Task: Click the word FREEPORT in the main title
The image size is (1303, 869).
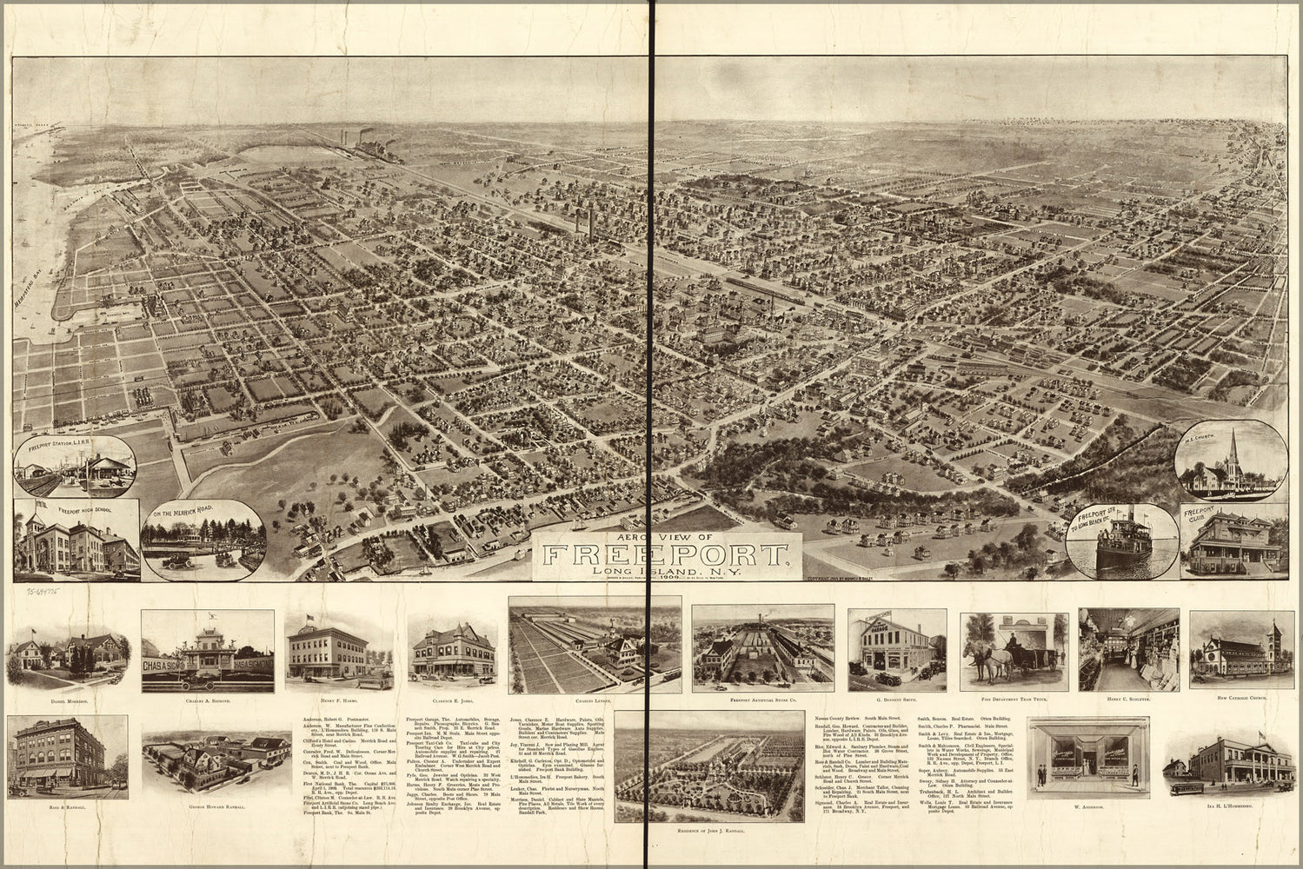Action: tap(665, 555)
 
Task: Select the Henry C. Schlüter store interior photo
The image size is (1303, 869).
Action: tap(1127, 649)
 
